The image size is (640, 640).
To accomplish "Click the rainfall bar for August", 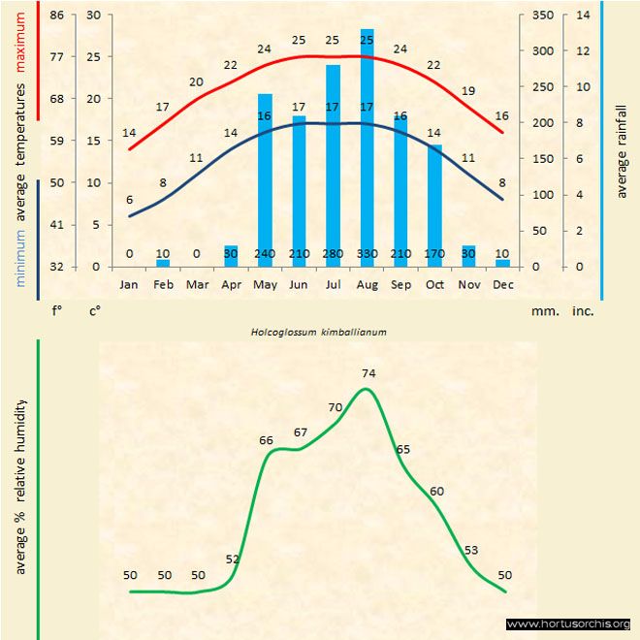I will (x=367, y=145).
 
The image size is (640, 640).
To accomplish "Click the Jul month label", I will (x=333, y=285).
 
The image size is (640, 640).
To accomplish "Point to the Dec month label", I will (x=502, y=285).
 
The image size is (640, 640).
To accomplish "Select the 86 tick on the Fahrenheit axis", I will (x=57, y=16).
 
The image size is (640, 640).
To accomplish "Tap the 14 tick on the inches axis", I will (x=583, y=16).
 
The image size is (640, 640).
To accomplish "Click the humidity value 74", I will (x=368, y=373).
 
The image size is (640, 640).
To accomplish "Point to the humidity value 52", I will (x=233, y=560).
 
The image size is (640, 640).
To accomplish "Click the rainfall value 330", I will (x=367, y=254).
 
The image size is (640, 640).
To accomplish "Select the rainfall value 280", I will (x=333, y=254).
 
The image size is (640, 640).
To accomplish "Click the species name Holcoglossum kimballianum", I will (x=319, y=332).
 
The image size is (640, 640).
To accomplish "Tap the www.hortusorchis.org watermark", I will (x=568, y=624).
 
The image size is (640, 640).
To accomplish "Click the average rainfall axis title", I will (x=622, y=146).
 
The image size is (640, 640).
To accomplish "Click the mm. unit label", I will (x=544, y=312).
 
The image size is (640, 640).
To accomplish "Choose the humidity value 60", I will (x=436, y=492).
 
